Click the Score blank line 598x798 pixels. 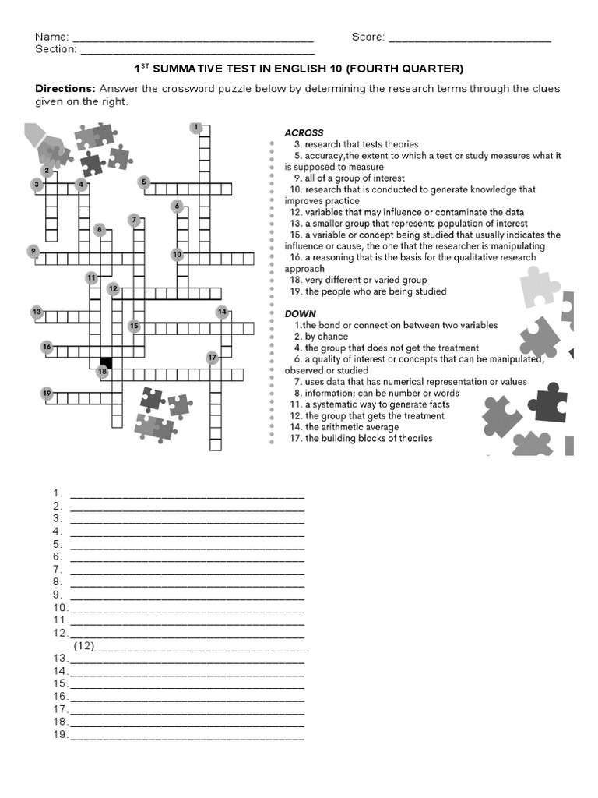469,39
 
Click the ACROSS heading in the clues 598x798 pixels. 304,132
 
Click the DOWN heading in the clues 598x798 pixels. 300,313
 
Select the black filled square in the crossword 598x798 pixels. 106,362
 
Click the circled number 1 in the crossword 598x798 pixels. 196,127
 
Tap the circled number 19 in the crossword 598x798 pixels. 47,394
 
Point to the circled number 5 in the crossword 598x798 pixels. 144,182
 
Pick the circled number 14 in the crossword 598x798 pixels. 223,312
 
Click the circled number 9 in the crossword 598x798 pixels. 33,250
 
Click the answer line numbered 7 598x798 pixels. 187,570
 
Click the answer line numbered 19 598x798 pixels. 187,736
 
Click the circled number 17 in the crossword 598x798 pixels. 212,358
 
